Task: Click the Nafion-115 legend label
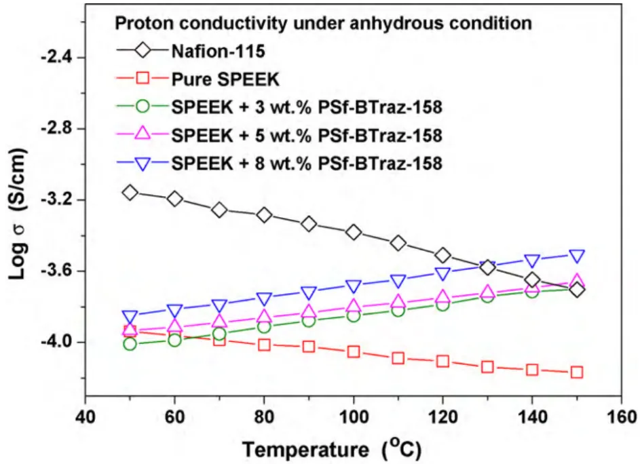pos(219,52)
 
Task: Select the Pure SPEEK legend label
pos(225,79)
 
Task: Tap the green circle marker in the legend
pos(143,107)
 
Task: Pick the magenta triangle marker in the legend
pos(143,134)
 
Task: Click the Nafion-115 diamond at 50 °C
pos(130,192)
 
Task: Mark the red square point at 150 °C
pos(577,372)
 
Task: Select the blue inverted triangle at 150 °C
pos(577,256)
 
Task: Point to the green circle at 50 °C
pos(130,344)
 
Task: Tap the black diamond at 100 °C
pos(354,232)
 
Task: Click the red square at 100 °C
pos(354,352)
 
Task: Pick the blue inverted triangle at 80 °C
pos(264,299)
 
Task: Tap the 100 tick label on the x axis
pos(354,417)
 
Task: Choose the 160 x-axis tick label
pos(622,417)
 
